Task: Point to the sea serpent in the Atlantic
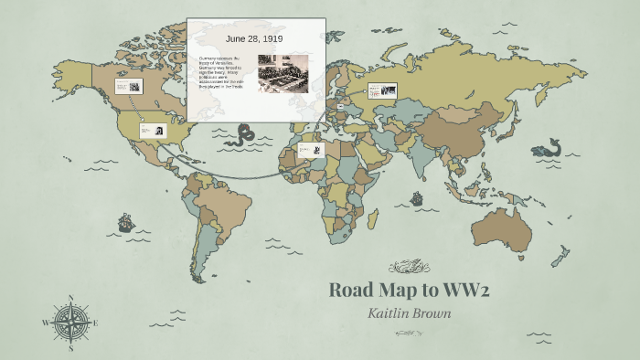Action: [x=244, y=137]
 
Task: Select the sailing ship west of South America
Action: [x=125, y=222]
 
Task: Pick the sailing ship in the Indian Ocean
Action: [x=417, y=197]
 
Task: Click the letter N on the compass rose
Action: [x=70, y=298]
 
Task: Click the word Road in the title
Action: [x=352, y=291]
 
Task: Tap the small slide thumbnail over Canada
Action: [x=129, y=87]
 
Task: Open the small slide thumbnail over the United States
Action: [x=152, y=131]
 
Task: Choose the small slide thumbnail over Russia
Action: [x=382, y=90]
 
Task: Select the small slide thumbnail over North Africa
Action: [x=310, y=150]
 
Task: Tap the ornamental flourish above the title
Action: [x=409, y=267]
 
